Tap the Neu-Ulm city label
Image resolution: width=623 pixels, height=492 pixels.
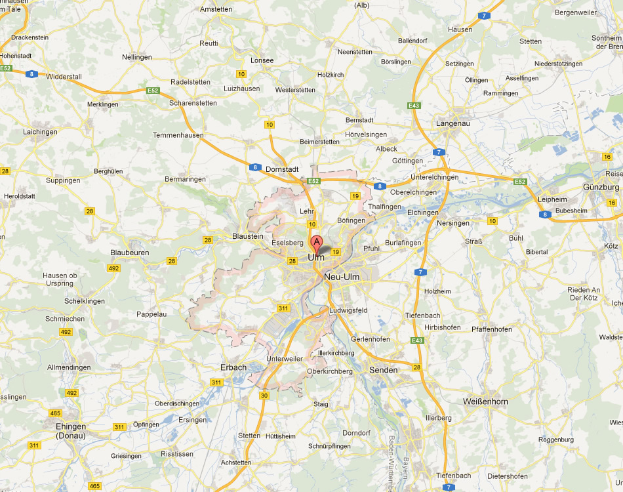click(x=342, y=277)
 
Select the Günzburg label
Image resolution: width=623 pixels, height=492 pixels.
click(x=601, y=187)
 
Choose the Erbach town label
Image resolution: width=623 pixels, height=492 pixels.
click(x=233, y=367)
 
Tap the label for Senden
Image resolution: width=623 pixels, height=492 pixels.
click(x=384, y=370)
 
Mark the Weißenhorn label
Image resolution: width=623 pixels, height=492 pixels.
click(x=485, y=401)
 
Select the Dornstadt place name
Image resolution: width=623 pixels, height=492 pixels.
click(x=283, y=169)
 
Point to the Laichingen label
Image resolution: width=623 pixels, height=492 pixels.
click(x=40, y=132)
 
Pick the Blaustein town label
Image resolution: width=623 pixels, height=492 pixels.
click(x=248, y=236)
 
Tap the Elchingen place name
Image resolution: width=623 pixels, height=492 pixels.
click(x=422, y=213)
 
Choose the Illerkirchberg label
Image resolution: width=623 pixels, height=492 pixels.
click(x=336, y=352)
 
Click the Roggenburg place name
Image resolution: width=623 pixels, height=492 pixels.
click(x=555, y=440)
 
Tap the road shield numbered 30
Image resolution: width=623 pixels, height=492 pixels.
click(x=264, y=396)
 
